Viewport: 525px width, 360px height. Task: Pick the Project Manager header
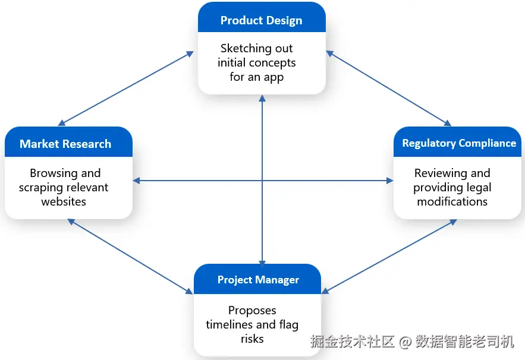coord(257,279)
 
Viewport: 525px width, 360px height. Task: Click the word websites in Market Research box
coord(64,202)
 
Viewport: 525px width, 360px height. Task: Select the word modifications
coord(452,202)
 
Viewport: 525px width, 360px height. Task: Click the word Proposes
coord(252,311)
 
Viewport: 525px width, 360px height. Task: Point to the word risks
coord(252,339)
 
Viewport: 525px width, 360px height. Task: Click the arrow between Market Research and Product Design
coord(126,89)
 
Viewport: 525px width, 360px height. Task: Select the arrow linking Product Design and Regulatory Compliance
coord(389,89)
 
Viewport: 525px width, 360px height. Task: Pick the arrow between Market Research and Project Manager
coord(130,257)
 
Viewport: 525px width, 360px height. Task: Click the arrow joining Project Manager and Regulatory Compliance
coord(389,257)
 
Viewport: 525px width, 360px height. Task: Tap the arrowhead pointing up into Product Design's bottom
coord(262,99)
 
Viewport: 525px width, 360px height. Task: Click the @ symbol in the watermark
coord(405,342)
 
